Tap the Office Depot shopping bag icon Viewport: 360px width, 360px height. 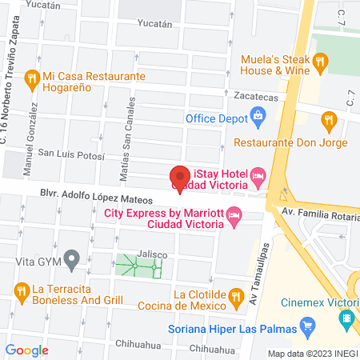pyautogui.click(x=258, y=118)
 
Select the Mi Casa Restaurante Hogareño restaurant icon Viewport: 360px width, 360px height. pyautogui.click(x=33, y=78)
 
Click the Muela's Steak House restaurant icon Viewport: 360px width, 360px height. pyautogui.click(x=320, y=61)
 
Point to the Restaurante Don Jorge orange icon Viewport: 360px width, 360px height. pyautogui.click(x=328, y=121)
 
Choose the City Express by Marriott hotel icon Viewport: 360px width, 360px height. pyautogui.click(x=234, y=214)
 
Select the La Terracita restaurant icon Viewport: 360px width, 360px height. pyautogui.click(x=20, y=289)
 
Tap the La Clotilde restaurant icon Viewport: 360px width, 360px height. pyautogui.click(x=235, y=298)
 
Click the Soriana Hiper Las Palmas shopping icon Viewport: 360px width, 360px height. pyautogui.click(x=305, y=326)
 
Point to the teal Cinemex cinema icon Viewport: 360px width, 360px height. pyautogui.click(x=346, y=319)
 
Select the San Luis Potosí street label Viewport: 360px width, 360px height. pyautogui.click(x=72, y=154)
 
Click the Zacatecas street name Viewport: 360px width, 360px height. pyautogui.click(x=255, y=94)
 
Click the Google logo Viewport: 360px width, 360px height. pyautogui.click(x=26, y=350)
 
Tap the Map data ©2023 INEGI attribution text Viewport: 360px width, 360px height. pyautogui.click(x=311, y=353)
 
